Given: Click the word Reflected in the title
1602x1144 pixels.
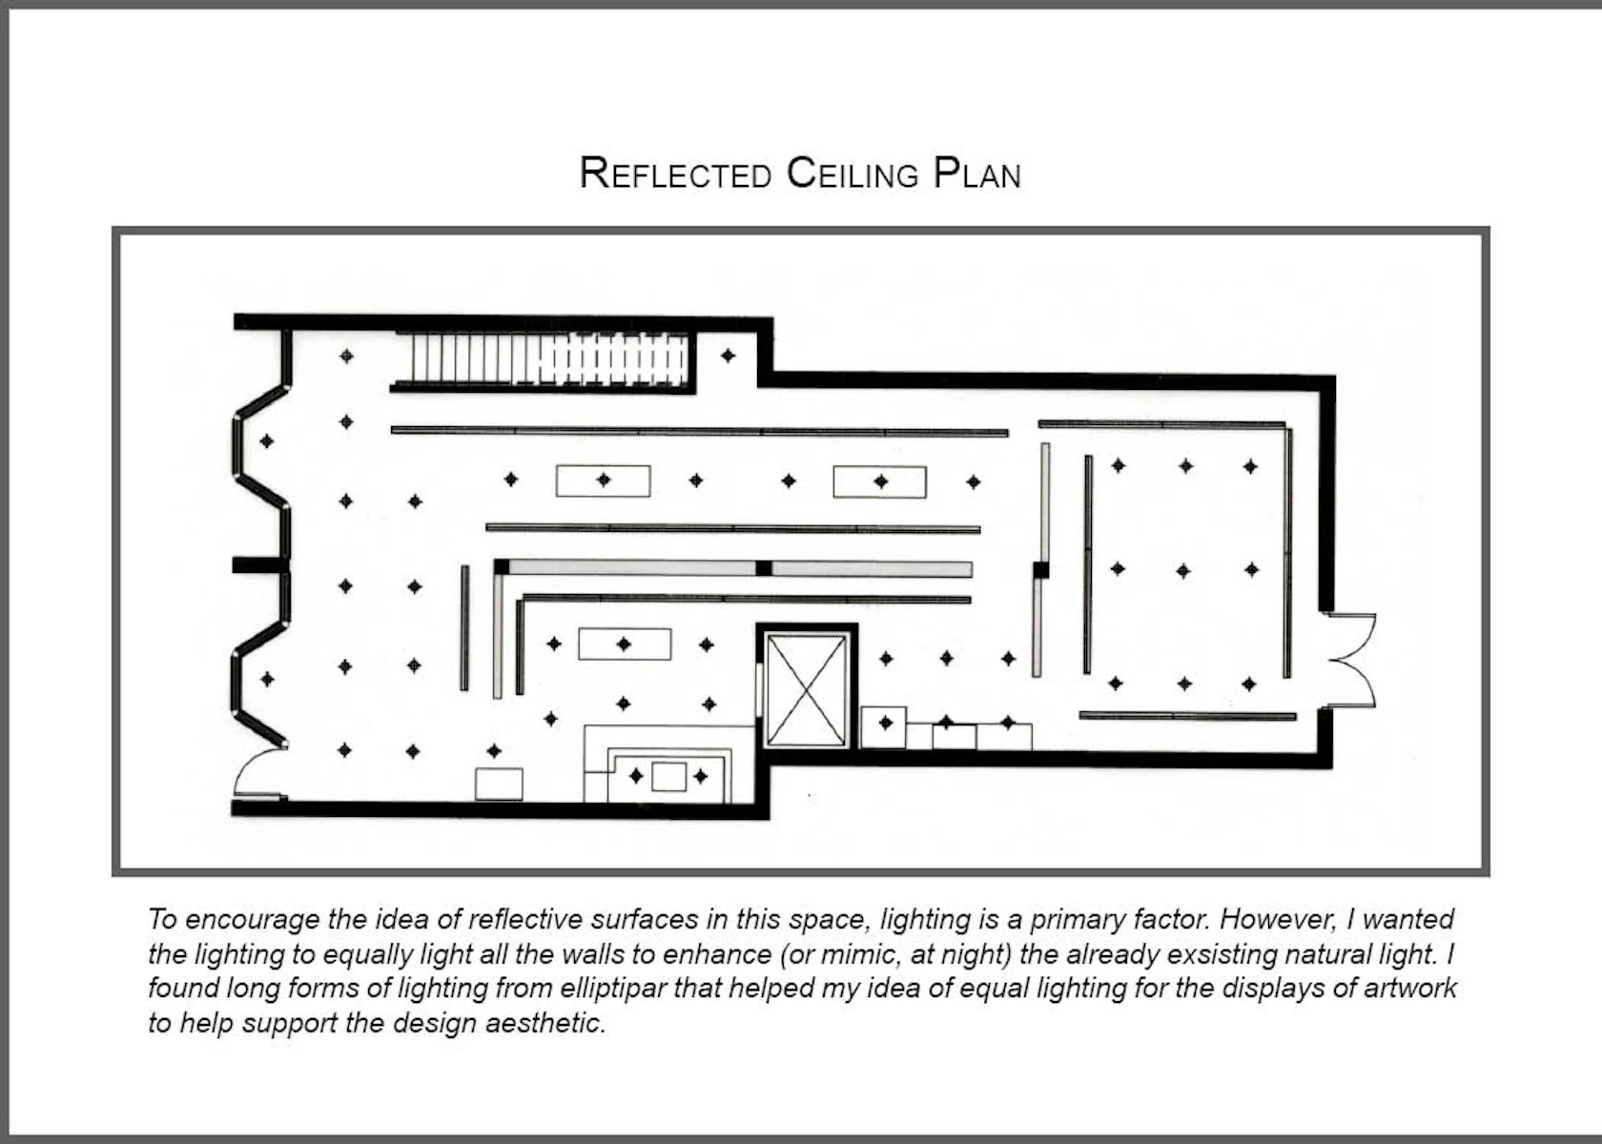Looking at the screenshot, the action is [x=675, y=174].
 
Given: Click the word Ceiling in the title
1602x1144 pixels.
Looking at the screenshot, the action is [x=852, y=174].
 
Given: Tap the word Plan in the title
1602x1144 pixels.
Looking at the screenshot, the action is [x=977, y=174].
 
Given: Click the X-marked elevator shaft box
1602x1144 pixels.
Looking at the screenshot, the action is [x=807, y=689].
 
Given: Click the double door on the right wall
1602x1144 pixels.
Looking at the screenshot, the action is [x=1350, y=660].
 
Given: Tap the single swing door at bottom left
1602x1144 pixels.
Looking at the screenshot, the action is [x=260, y=772].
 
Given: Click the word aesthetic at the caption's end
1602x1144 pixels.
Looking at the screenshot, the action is [x=545, y=1023].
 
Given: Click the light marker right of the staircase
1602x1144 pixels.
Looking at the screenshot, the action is [x=728, y=356].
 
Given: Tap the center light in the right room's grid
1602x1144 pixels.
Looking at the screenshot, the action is [x=1183, y=570].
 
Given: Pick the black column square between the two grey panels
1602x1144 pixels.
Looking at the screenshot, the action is [x=764, y=568].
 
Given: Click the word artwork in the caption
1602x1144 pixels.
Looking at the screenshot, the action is [x=1410, y=989].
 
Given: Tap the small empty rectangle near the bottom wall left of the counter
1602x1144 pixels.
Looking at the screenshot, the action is [x=500, y=785].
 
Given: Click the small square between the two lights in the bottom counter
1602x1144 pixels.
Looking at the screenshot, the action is [x=669, y=776].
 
